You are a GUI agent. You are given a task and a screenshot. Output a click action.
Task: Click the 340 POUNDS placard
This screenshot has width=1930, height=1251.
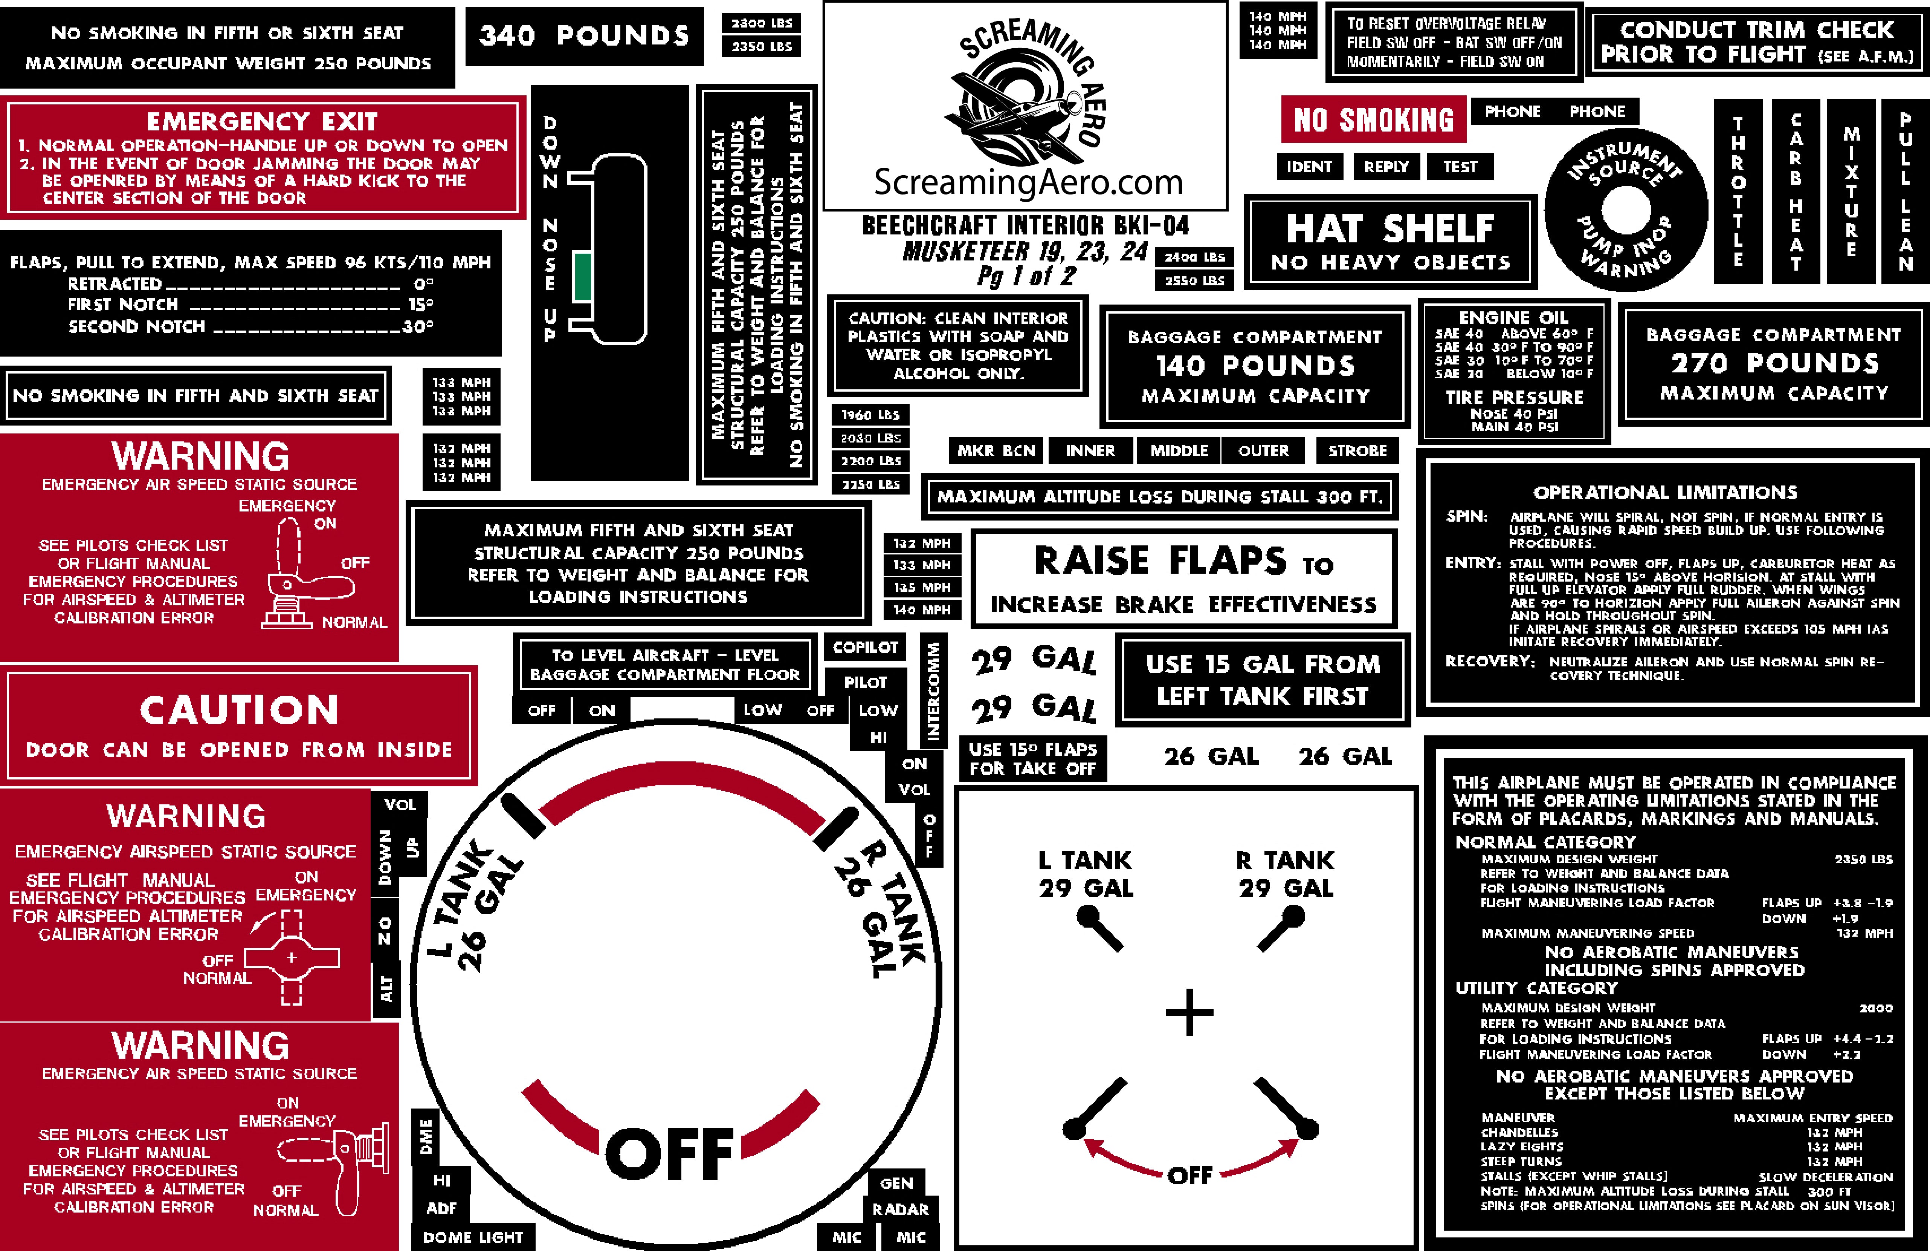(x=584, y=36)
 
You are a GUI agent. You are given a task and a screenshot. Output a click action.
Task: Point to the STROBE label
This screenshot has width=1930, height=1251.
(x=1357, y=450)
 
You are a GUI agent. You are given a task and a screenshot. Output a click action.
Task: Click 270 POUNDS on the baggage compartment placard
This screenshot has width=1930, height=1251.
(x=1774, y=363)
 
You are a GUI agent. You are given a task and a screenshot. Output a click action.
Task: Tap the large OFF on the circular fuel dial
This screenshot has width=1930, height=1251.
(x=670, y=1153)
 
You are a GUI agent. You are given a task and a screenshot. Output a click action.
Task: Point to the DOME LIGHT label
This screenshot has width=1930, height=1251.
(x=473, y=1237)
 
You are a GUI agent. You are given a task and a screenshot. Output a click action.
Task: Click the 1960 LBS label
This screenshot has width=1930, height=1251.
(x=870, y=415)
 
